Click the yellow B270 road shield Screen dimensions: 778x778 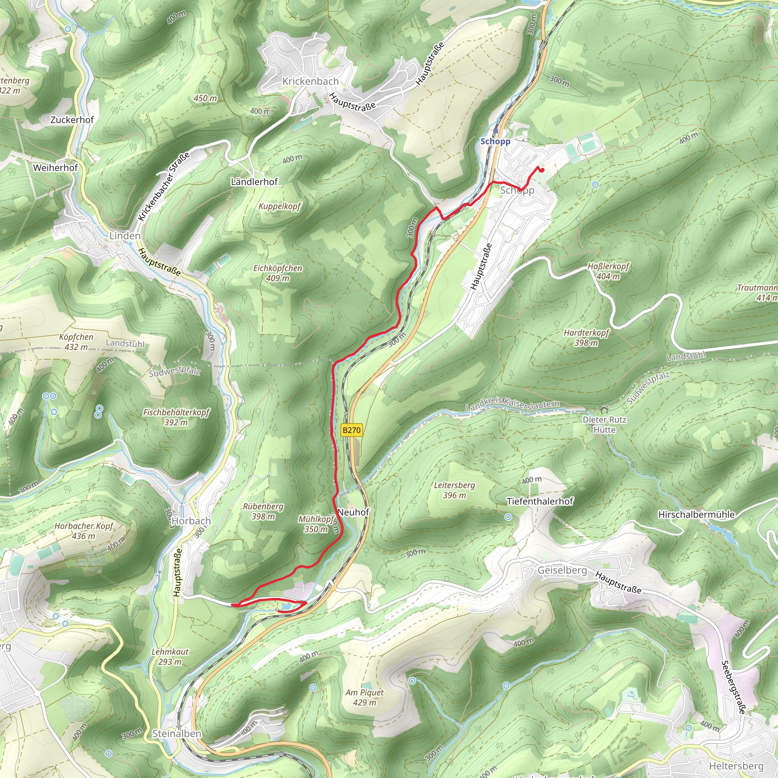click(351, 430)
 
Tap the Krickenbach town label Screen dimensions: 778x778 click(310, 81)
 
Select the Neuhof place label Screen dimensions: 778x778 click(353, 512)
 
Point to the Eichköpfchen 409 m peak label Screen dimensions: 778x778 click(277, 273)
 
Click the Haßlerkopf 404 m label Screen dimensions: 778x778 click(608, 271)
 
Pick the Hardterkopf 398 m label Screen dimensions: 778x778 click(586, 337)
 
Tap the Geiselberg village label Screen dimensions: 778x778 click(562, 570)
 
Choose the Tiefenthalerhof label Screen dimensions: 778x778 click(539, 501)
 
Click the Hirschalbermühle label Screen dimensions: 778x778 click(696, 515)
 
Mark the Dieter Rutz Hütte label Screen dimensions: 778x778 click(604, 424)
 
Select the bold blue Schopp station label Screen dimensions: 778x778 click(495, 141)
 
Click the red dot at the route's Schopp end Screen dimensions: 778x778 click(542, 170)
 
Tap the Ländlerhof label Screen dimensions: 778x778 click(254, 182)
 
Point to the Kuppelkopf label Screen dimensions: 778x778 click(280, 207)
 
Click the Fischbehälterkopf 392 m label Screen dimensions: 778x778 click(176, 417)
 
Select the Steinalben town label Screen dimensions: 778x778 click(177, 734)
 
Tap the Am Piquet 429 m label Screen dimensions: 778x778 click(364, 697)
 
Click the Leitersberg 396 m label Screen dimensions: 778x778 click(454, 490)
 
